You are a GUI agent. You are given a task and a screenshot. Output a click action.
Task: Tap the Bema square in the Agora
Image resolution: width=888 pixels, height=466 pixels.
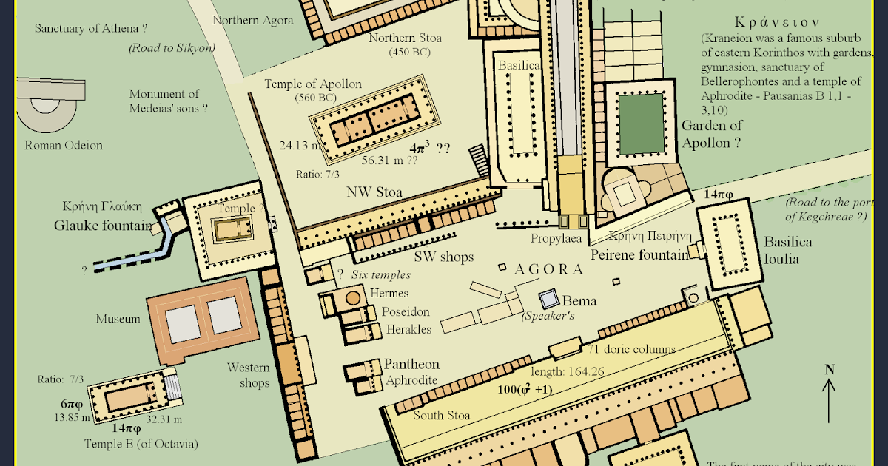click(x=549, y=300)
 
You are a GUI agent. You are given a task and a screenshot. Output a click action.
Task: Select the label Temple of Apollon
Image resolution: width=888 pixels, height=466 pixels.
click(x=313, y=84)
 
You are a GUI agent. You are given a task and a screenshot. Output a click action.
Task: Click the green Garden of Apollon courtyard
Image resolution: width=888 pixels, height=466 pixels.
click(x=641, y=124)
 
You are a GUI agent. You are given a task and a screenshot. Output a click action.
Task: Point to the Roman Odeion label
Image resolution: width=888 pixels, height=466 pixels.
click(x=64, y=146)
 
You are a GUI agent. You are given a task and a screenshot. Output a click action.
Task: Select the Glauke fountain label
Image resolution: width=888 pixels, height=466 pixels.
click(x=103, y=226)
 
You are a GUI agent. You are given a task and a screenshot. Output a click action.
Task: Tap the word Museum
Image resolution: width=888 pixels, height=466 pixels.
click(x=118, y=319)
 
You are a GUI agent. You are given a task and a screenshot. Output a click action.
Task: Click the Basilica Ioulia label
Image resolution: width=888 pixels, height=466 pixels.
click(x=788, y=251)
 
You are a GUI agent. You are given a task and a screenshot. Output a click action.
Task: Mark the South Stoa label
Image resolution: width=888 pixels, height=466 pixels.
click(x=442, y=415)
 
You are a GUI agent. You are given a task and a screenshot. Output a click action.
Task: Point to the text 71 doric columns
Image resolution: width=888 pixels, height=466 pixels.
click(x=631, y=349)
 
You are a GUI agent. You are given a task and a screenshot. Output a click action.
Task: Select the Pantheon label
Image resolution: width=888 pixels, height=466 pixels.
click(x=411, y=365)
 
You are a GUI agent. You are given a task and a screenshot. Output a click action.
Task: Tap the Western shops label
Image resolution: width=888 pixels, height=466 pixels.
click(x=248, y=375)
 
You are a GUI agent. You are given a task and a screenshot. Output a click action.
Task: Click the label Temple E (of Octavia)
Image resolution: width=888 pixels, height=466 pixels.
click(x=142, y=444)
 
